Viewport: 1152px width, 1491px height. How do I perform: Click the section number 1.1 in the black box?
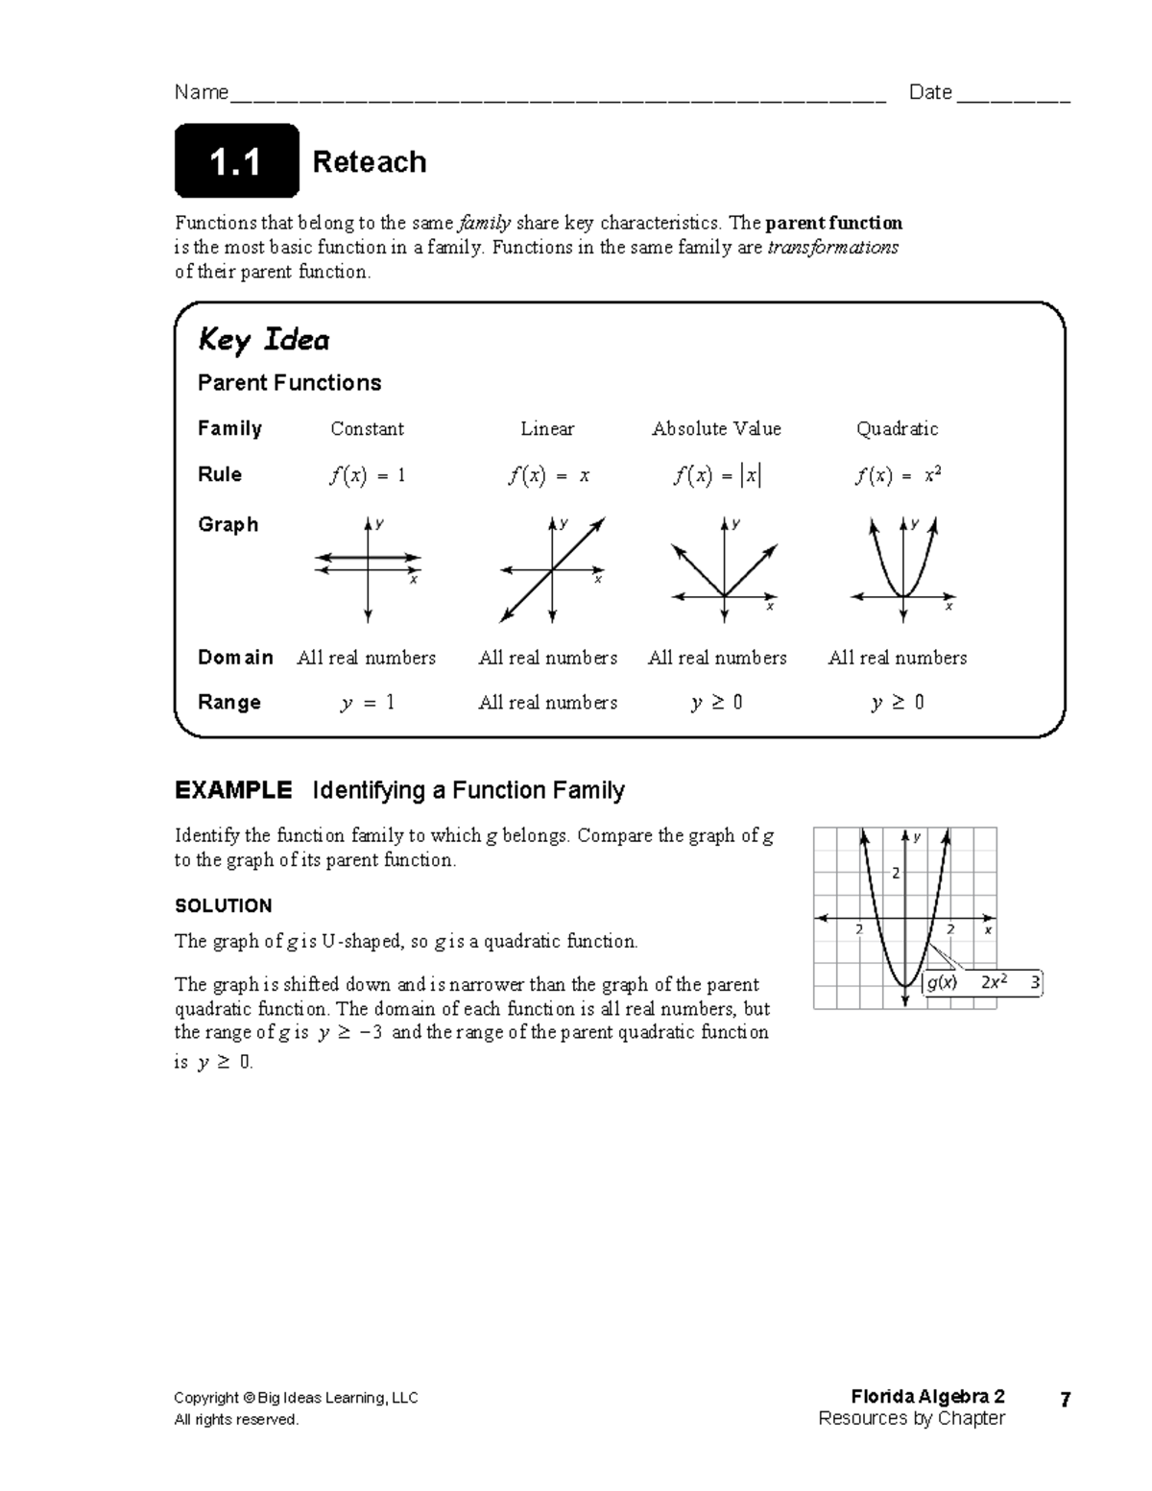pos(235,162)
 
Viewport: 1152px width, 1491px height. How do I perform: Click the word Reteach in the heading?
pos(369,162)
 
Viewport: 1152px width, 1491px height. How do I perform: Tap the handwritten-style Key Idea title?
pos(263,340)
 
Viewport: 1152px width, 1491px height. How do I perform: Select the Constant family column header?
pos(367,429)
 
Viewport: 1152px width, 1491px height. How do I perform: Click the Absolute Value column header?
pos(716,429)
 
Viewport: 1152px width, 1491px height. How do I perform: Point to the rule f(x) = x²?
pos(897,475)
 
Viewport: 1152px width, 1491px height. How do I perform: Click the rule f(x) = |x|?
pos(716,475)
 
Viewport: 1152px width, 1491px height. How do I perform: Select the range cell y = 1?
pos(367,703)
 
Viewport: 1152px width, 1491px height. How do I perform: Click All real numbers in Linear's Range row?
pos(547,703)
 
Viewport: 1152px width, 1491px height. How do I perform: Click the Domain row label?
pos(235,658)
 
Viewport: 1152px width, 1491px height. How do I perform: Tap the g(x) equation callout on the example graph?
pos(981,982)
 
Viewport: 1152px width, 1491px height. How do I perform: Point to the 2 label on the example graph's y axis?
pos(896,873)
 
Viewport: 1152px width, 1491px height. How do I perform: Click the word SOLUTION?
pos(223,905)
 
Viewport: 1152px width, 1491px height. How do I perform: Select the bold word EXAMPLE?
pos(232,790)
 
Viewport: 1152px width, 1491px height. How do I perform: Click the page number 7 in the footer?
pos(1065,1400)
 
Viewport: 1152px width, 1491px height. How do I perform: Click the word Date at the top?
pos(929,92)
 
